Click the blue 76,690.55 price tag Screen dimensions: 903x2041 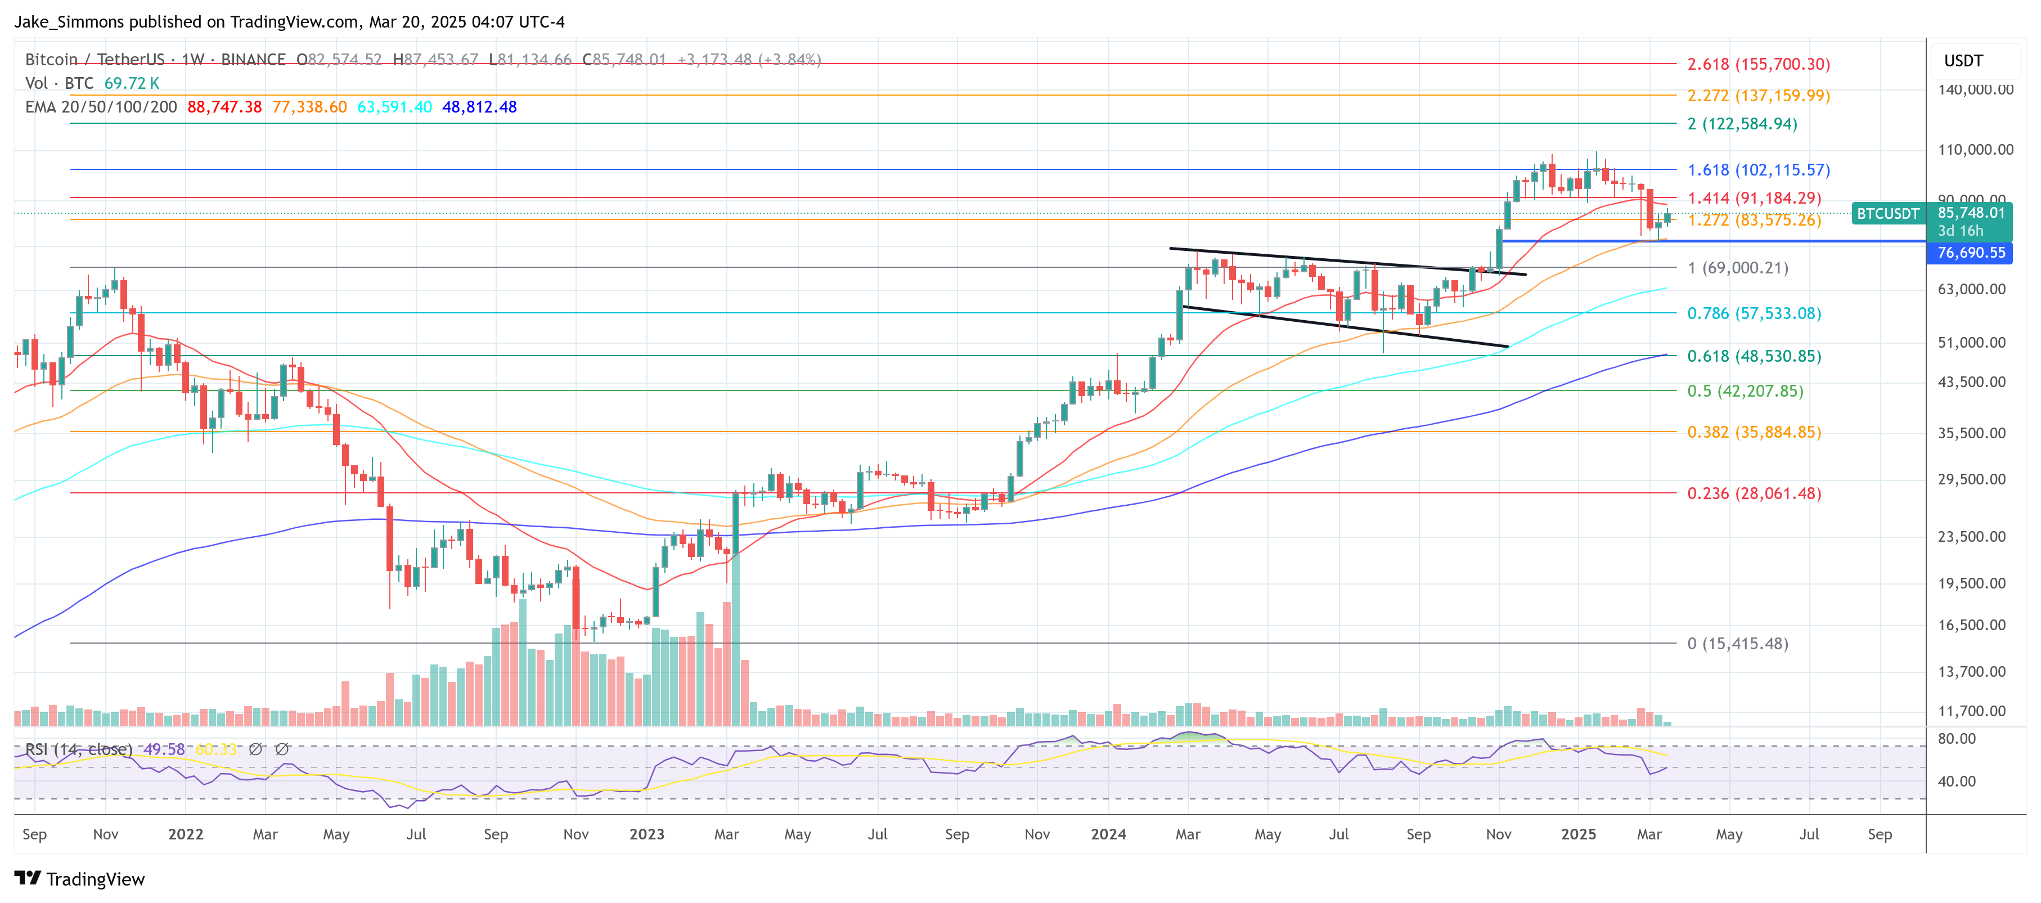(x=1971, y=253)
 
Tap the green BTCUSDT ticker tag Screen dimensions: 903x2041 (x=1887, y=214)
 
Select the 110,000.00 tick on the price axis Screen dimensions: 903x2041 (x=1975, y=150)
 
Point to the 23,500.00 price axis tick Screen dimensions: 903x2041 (x=1975, y=537)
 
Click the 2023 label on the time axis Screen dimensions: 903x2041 (x=646, y=834)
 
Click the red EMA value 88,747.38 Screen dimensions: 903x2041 (x=224, y=107)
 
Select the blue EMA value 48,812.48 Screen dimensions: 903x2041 (x=479, y=107)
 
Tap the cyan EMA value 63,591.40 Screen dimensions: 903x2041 (x=394, y=107)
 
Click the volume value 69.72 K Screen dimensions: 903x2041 (x=132, y=83)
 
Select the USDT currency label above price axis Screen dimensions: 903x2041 (x=1963, y=61)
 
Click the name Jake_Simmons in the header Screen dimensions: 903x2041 (x=69, y=21)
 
